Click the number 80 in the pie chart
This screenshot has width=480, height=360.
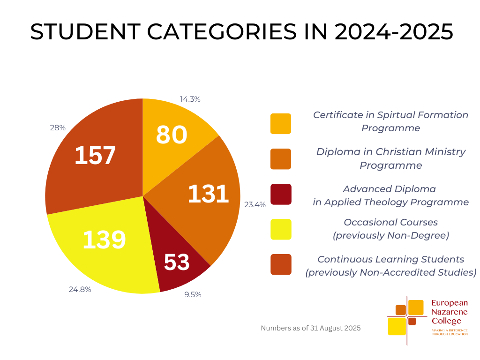[172, 135]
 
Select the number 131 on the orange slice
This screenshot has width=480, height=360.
[208, 194]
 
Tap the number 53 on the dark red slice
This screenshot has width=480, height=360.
[177, 262]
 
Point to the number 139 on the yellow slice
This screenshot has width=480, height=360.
[104, 240]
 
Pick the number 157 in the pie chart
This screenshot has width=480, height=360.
[95, 156]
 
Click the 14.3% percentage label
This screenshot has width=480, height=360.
[190, 99]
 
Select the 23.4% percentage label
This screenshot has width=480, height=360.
[255, 204]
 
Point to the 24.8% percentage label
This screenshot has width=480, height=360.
[80, 290]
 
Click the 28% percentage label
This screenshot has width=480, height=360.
[58, 127]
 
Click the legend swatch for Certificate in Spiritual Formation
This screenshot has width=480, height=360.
[280, 124]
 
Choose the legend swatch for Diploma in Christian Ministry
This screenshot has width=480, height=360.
[280, 159]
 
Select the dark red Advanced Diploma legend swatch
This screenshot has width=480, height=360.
[280, 194]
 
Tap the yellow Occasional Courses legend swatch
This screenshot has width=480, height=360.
[280, 229]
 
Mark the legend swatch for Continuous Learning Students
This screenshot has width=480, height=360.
[280, 264]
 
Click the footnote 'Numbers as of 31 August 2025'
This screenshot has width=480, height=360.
[310, 328]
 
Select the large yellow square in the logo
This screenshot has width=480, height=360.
[397, 326]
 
